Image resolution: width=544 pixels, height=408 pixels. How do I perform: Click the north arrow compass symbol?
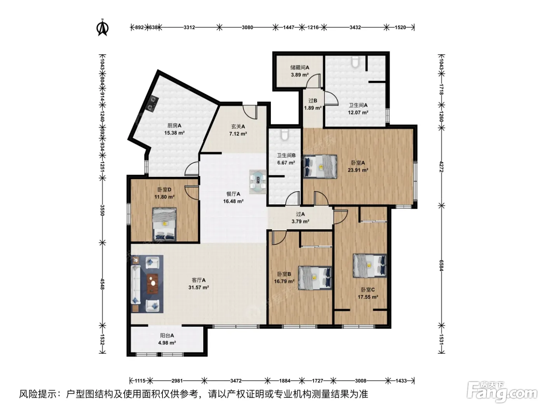102,28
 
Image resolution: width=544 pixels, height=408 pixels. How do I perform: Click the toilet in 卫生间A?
356,61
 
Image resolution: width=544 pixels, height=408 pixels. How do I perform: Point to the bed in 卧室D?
164,224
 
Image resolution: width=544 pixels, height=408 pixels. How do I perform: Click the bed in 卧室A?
320,166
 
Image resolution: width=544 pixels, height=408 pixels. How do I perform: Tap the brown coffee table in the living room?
153,284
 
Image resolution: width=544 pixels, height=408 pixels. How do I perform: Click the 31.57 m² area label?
199,288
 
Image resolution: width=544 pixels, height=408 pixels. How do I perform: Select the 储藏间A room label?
300,67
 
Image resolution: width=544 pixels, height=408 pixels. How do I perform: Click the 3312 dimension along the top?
189,28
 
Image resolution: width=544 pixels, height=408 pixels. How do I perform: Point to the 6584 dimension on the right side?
441,265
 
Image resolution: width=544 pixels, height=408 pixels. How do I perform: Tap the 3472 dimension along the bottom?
236,380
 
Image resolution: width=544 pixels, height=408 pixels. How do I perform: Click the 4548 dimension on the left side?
102,284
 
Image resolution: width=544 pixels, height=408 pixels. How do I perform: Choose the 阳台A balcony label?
167,336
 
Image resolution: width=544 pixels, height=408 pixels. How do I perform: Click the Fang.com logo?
502,392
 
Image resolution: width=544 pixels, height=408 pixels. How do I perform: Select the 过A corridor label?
300,214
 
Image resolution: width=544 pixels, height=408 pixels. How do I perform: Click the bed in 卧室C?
370,265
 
